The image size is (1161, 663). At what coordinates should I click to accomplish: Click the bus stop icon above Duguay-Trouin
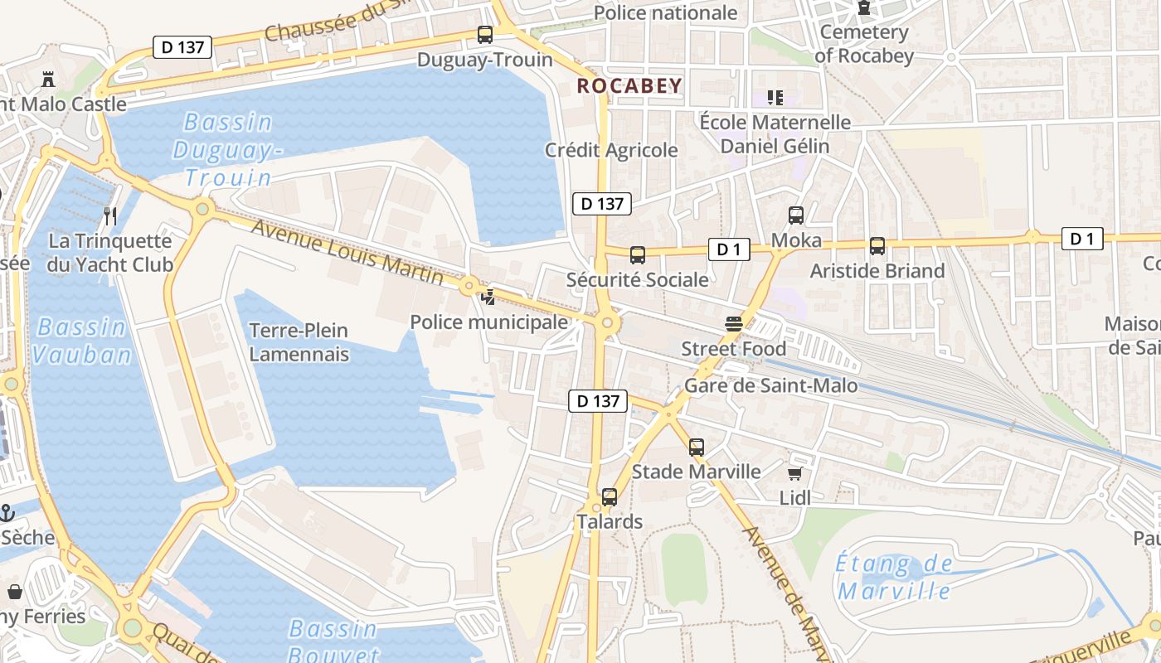485,35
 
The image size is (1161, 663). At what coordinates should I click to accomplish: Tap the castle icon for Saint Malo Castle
48,80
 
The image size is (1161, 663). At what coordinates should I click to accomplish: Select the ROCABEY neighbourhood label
629,85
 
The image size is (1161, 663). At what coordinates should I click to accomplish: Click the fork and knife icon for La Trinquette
110,216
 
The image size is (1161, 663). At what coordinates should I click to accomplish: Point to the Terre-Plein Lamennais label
299,342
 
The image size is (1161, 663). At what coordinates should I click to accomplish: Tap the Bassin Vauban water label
82,341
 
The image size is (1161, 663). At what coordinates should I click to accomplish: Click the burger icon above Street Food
733,323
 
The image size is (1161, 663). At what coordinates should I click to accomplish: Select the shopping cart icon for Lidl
795,474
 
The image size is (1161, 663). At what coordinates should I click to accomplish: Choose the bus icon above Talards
610,497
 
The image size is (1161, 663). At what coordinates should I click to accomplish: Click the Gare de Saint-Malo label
770,385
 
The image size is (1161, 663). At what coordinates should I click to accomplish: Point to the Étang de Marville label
894,578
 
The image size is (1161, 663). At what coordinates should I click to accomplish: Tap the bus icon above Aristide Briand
877,246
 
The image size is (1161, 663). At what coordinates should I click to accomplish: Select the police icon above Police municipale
489,297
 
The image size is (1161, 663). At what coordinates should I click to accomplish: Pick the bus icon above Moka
796,215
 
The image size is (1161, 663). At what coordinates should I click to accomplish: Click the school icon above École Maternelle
775,98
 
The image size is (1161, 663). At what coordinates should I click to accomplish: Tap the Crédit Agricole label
611,150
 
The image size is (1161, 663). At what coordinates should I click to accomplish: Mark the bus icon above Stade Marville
697,448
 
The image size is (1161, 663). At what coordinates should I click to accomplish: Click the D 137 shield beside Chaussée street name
182,47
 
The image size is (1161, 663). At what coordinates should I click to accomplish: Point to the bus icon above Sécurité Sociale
638,255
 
